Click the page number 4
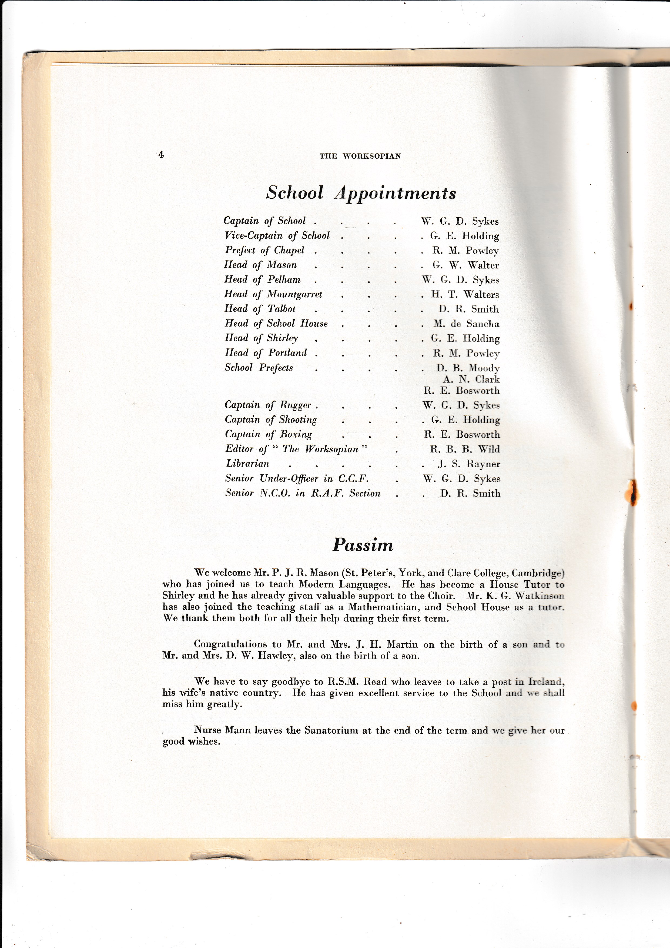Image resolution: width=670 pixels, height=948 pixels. [161, 155]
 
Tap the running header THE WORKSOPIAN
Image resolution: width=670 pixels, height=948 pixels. [360, 156]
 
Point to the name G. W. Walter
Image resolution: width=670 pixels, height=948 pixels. [465, 265]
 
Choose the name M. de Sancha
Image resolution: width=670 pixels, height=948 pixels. [466, 324]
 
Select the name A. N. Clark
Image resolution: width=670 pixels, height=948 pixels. [471, 379]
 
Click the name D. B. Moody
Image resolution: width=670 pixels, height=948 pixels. [468, 368]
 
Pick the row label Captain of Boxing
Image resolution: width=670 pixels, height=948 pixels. [268, 434]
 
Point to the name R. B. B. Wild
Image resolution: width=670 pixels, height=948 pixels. [465, 449]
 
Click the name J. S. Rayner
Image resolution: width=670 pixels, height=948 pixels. [469, 464]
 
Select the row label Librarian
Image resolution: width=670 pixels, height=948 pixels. [247, 464]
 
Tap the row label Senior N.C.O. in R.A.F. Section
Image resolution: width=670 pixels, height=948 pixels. [302, 493]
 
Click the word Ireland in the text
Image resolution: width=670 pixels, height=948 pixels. [545, 682]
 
